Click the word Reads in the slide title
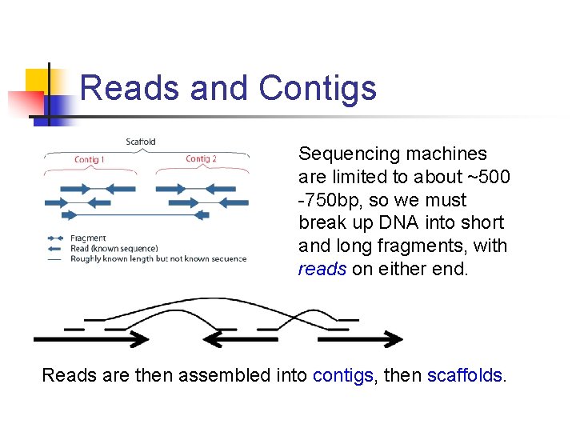[x=130, y=88]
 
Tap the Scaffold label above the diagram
[x=141, y=142]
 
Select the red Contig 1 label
[x=90, y=160]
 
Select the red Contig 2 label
[x=201, y=159]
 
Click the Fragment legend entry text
[x=88, y=238]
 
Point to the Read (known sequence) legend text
[x=114, y=248]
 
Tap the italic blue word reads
[x=322, y=269]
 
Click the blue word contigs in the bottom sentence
[x=343, y=375]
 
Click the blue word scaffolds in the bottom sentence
[x=465, y=375]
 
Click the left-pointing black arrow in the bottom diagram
[x=241, y=339]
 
